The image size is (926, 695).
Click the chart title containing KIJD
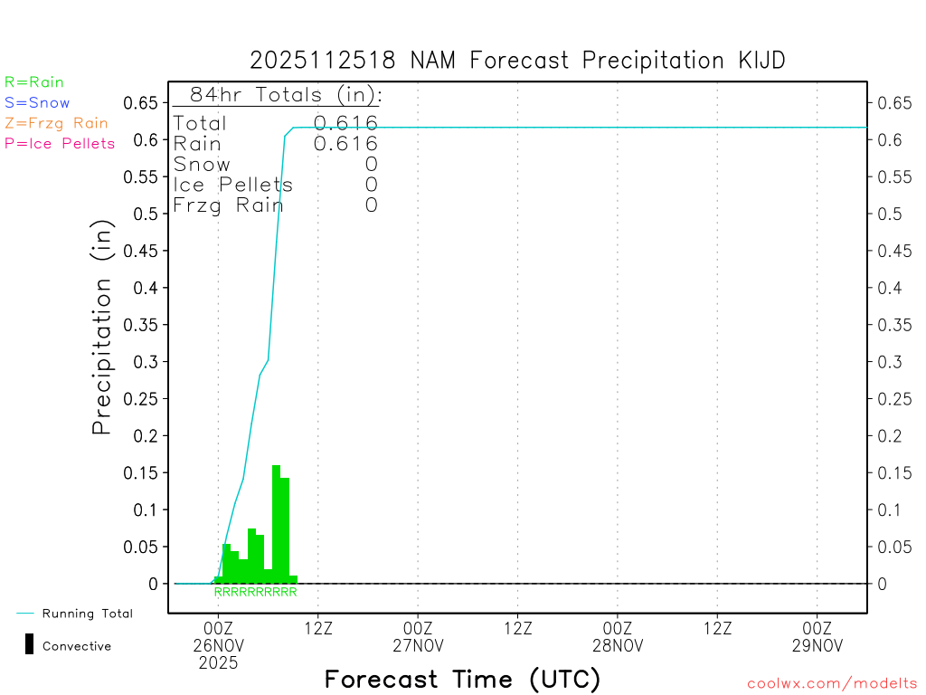pos(517,61)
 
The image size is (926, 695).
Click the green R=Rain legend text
pos(34,82)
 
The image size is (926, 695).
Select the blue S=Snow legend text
pos(37,103)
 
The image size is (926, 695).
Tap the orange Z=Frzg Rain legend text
pos(56,123)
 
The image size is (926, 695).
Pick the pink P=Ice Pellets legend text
pos(60,143)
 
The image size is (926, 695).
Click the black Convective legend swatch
pos(30,644)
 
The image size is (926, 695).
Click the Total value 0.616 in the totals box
pos(345,123)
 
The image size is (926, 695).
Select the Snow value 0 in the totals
pos(371,164)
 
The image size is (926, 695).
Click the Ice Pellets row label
pos(233,185)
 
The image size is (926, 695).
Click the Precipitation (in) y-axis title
pos(102,327)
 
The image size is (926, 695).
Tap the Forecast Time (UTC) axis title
pos(462,678)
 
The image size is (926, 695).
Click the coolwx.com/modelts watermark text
pos(832,684)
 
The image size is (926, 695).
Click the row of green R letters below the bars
pos(255,593)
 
